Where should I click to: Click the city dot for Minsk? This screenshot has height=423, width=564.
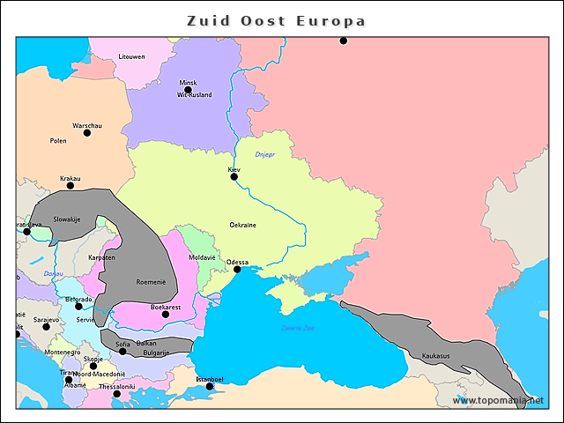[x=188, y=90]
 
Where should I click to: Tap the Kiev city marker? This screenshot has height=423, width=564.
[x=234, y=177]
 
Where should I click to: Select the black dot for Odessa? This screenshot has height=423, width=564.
[x=237, y=270]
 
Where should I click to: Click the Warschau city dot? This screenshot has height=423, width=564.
[x=86, y=133]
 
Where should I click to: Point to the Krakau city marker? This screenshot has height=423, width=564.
[x=70, y=186]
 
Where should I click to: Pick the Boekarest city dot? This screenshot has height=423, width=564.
[x=166, y=315]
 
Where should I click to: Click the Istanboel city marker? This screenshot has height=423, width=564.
[x=210, y=387]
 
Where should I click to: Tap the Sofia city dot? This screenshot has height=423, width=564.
[x=122, y=352]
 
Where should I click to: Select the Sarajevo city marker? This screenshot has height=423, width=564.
[x=47, y=327]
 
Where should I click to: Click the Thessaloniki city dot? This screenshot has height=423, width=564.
[x=117, y=394]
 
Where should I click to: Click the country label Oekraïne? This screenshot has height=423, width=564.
[x=242, y=225]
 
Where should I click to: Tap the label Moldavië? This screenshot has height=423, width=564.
[x=202, y=257]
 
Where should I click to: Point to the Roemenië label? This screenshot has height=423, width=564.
[x=151, y=282]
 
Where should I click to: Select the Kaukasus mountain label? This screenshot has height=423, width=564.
[x=435, y=356]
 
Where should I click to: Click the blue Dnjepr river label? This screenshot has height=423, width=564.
[x=265, y=155]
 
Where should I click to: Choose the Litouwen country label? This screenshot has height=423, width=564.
[x=132, y=56]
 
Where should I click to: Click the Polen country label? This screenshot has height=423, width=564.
[x=58, y=141]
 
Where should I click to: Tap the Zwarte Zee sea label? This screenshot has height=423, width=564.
[x=297, y=329]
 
